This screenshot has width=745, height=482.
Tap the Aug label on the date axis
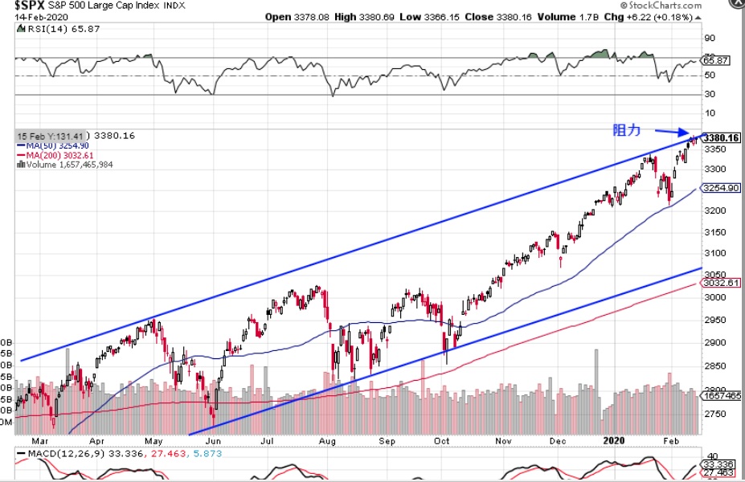coord(327,441)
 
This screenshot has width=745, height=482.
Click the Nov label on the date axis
coord(504,441)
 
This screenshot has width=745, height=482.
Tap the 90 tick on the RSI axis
coord(709,38)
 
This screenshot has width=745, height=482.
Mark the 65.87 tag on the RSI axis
coord(714,60)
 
